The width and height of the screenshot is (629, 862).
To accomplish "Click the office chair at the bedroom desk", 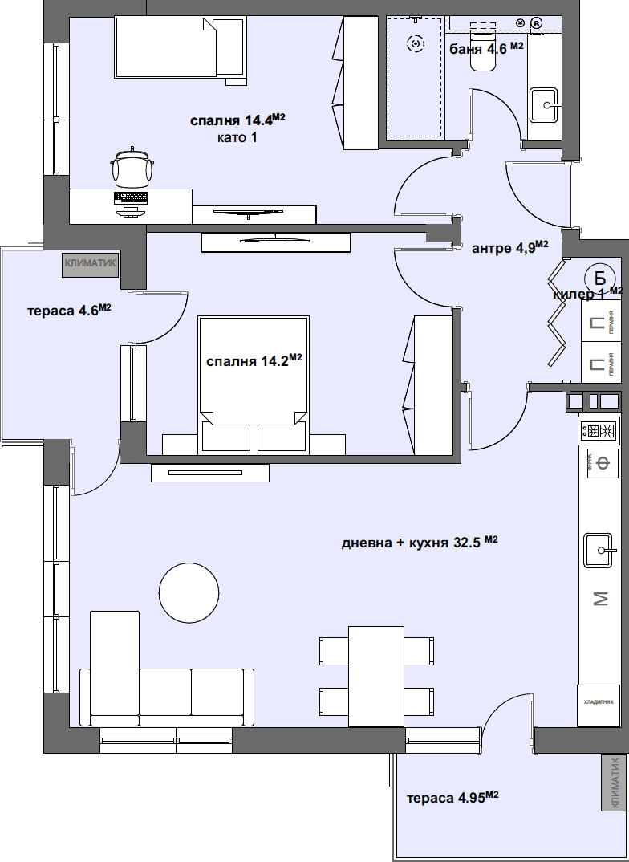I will coord(132,169).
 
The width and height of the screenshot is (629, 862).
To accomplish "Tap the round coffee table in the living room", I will coord(189,592).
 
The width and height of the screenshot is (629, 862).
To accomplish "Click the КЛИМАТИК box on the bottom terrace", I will coord(615,783).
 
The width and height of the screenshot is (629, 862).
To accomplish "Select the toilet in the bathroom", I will coord(483,56).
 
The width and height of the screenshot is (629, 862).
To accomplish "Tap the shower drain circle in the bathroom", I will coord(415,44).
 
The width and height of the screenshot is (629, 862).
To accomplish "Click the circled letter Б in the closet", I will coord(599,279).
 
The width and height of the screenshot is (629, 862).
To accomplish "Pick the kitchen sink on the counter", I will coord(600,550).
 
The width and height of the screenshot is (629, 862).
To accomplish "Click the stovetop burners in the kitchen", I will coord(599,431).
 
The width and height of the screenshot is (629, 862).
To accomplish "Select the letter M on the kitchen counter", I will coord(600,598).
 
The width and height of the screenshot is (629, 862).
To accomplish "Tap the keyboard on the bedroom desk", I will coord(132,197).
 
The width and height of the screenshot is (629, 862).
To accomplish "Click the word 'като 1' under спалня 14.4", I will coord(237,137).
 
